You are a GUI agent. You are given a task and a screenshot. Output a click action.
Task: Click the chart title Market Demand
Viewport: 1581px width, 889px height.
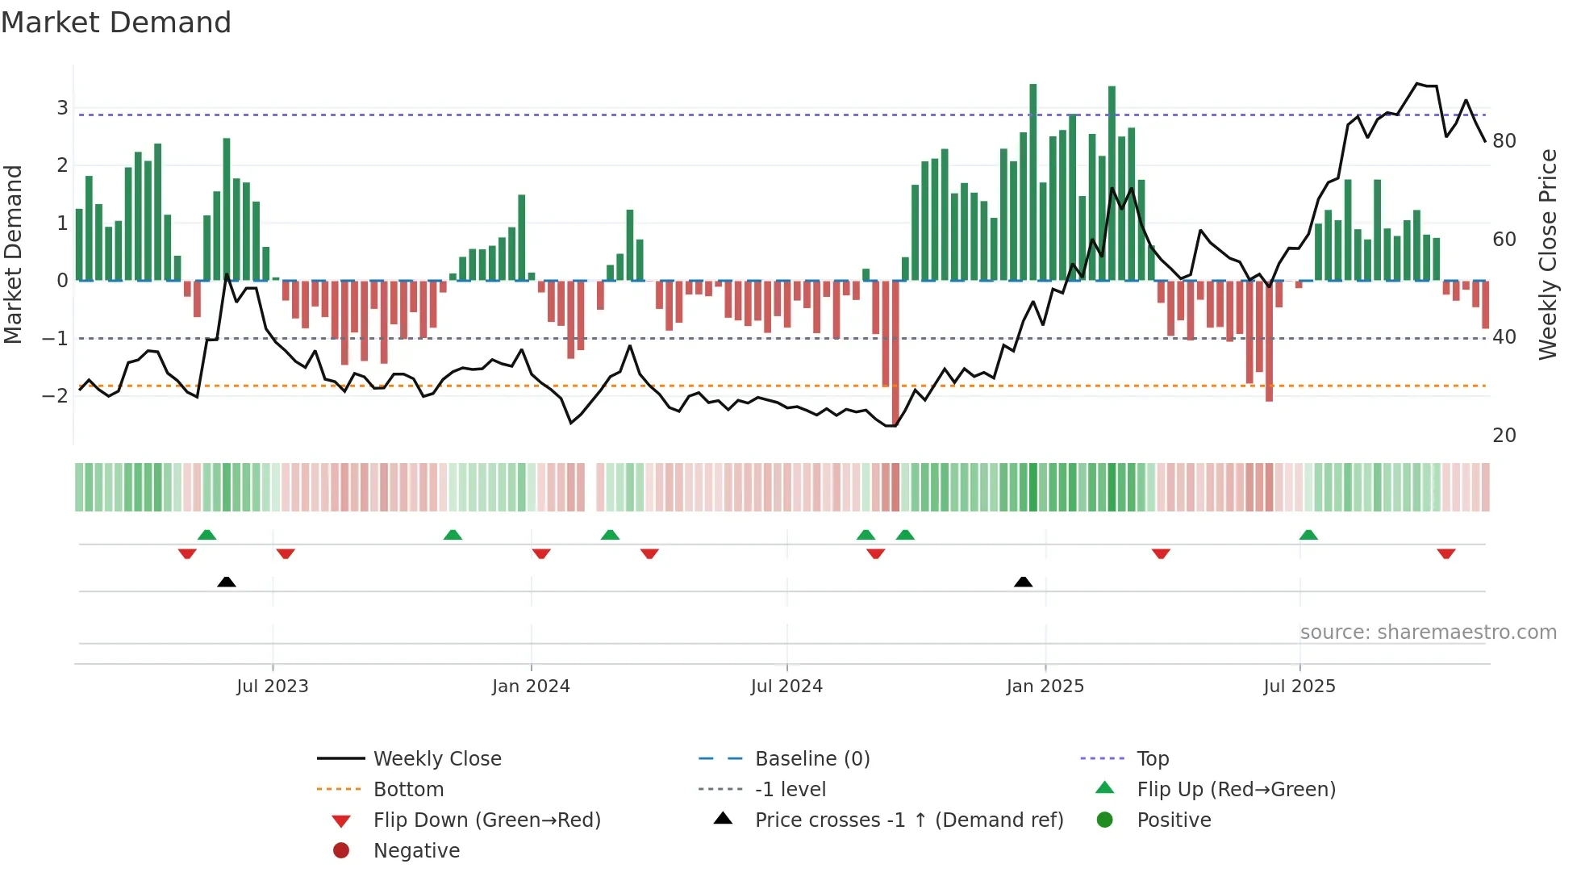click(x=116, y=23)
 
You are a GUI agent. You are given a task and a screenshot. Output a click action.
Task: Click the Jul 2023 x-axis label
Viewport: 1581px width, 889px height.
click(x=272, y=687)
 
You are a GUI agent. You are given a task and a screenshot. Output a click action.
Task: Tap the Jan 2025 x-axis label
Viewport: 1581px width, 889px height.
click(x=1045, y=687)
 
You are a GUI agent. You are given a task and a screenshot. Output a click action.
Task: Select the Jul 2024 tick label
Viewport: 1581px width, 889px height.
click(x=786, y=687)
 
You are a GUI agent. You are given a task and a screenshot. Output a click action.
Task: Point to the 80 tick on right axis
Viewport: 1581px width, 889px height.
click(x=1504, y=141)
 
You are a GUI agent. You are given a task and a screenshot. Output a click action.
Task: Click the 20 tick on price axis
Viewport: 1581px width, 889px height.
click(x=1504, y=436)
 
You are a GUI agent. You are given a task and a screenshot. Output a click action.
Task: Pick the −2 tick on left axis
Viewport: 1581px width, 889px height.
click(x=55, y=395)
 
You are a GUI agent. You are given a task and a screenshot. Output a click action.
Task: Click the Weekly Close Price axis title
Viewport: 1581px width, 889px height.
click(x=1547, y=254)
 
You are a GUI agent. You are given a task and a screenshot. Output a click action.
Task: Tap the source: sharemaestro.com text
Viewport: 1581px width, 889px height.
click(x=1428, y=632)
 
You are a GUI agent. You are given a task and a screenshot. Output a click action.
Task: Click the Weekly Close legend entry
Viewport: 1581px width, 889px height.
click(x=436, y=759)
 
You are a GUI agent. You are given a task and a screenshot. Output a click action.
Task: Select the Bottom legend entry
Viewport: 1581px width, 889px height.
click(x=408, y=790)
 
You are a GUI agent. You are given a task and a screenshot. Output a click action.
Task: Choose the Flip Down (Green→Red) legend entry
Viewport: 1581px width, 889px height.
click(x=486, y=820)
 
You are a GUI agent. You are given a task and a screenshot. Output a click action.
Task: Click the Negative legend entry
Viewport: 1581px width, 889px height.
click(x=416, y=851)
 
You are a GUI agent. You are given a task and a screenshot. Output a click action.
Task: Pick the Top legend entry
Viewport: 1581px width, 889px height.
click(x=1152, y=759)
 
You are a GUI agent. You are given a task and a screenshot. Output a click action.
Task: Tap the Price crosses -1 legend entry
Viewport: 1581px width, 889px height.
click(x=908, y=820)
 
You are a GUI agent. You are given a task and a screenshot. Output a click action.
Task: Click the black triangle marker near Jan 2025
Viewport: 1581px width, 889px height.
click(x=1023, y=582)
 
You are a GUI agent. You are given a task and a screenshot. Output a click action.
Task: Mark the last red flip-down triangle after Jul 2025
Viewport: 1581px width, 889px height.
click(x=1445, y=553)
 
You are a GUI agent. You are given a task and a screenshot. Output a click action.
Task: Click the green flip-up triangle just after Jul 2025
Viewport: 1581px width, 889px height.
click(x=1308, y=535)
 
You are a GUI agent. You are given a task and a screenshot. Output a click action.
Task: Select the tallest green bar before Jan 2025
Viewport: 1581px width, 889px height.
click(x=1032, y=182)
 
